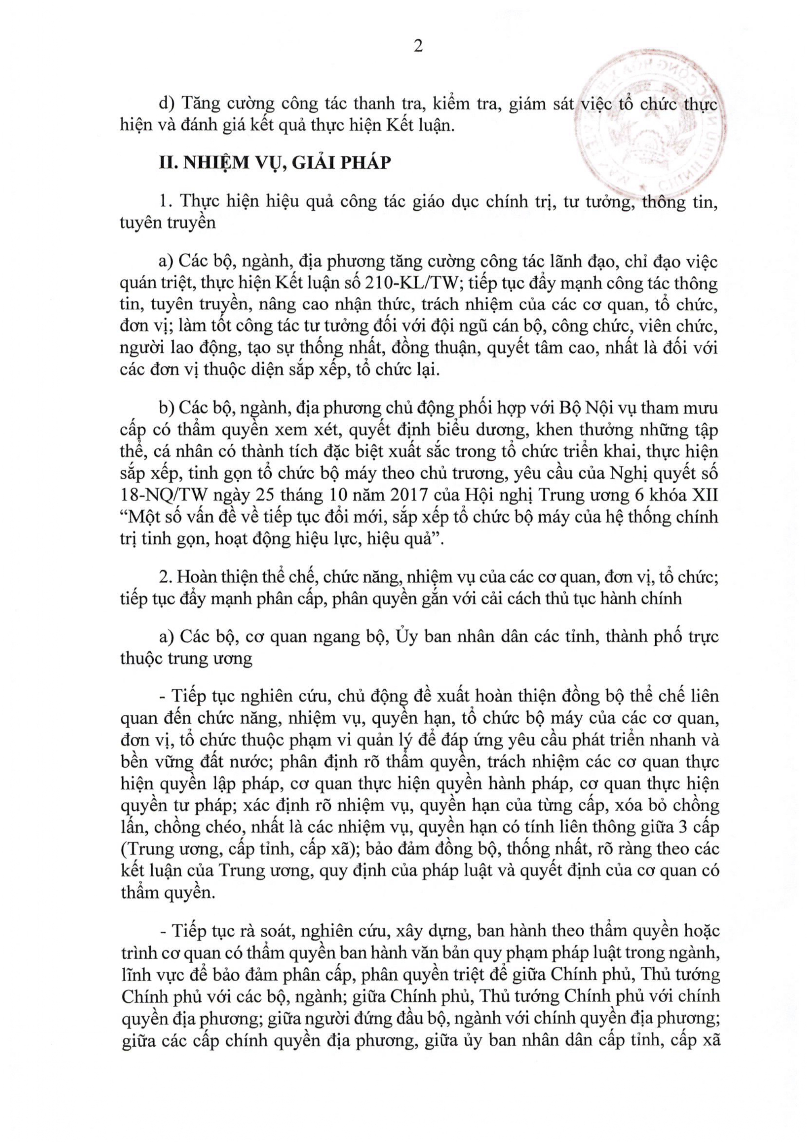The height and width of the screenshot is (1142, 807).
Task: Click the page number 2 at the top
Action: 418,46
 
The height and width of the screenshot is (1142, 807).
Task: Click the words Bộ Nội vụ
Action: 598,408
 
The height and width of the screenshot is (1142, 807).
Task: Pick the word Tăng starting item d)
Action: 201,104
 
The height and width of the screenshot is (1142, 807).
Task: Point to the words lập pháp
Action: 229,784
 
